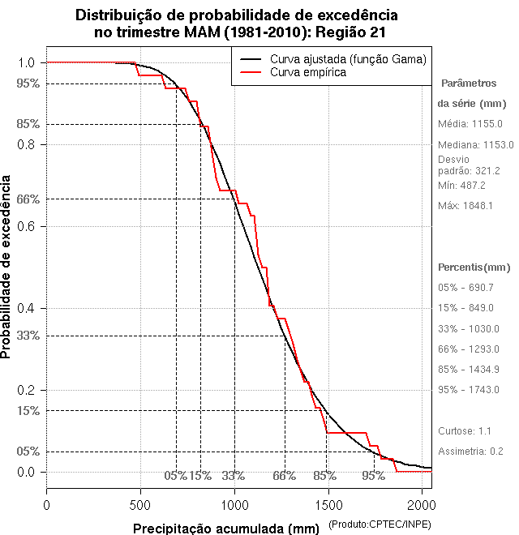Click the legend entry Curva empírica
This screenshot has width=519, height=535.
tap(308, 72)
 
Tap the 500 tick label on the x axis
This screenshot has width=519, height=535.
tap(140, 505)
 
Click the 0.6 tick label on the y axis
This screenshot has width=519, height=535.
tap(26, 226)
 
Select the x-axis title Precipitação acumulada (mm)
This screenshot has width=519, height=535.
tap(227, 529)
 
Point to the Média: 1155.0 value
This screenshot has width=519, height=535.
tap(470, 124)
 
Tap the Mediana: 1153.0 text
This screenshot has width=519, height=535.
tap(475, 144)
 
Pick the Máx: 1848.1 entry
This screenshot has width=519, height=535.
tap(465, 206)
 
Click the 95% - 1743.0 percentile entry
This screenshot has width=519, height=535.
tap(470, 390)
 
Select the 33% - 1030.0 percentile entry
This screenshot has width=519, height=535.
tap(470, 328)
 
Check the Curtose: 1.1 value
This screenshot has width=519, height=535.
tap(465, 430)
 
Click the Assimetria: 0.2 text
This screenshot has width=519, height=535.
tap(471, 451)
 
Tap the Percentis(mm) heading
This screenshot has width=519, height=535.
tap(474, 267)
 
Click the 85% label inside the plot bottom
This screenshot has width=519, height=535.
tap(324, 476)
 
